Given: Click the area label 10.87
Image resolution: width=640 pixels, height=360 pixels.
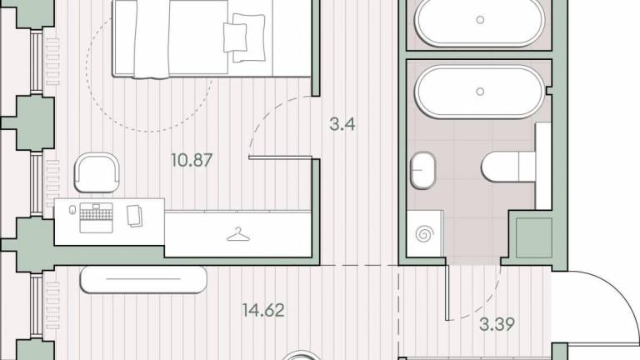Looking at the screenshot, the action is click(192, 160).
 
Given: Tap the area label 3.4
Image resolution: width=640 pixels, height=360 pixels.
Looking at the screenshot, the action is click(342, 124).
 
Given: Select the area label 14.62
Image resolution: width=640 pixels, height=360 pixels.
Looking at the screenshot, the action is click(263, 310).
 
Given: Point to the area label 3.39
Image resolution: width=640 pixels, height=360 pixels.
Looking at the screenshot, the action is click(497, 325).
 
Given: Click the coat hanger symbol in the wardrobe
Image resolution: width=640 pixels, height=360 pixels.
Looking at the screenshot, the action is click(238, 235).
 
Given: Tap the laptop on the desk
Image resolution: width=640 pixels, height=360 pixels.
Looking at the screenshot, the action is click(96, 217).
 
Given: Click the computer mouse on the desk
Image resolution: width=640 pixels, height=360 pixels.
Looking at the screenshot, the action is click(72, 210).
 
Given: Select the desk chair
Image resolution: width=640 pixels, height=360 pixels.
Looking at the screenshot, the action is click(97, 172).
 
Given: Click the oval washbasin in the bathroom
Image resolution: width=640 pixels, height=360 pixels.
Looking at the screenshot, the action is click(422, 170).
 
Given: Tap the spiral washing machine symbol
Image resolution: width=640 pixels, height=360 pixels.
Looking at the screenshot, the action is click(424, 234).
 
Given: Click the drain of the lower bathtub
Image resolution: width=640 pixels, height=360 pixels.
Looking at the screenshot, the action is click(480, 92).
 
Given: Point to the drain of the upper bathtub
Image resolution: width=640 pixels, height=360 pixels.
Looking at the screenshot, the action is click(480, 20).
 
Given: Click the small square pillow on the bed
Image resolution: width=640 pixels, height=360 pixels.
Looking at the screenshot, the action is click(235, 37).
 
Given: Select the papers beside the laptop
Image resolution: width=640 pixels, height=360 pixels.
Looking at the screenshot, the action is click(135, 216).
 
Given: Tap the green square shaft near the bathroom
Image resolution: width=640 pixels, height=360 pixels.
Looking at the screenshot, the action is click(534, 237).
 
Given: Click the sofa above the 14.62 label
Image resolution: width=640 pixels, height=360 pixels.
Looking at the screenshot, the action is click(143, 280).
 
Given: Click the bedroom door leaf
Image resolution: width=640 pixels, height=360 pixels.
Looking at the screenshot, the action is click(280, 157).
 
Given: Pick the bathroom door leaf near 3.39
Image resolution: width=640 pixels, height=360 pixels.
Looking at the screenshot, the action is click(447, 292).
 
